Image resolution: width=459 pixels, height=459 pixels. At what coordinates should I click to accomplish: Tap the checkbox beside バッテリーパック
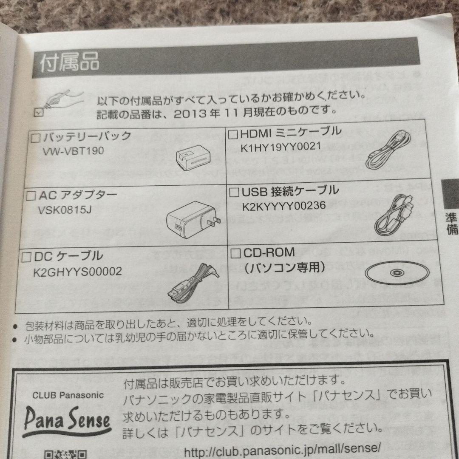point(36,137)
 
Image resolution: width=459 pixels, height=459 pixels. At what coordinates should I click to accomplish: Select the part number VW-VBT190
point(74,151)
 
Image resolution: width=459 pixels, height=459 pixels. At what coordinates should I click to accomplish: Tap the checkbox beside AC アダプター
point(31,195)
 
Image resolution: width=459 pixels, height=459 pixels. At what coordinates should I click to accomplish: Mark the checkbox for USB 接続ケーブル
point(234,192)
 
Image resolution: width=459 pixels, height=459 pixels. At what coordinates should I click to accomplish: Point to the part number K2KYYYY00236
point(284,206)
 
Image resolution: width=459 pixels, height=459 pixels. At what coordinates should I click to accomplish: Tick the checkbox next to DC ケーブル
point(27,257)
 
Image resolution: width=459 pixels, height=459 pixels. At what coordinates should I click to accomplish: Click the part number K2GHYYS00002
point(77,271)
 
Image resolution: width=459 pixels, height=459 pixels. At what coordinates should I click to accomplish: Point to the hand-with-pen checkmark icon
point(55,102)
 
